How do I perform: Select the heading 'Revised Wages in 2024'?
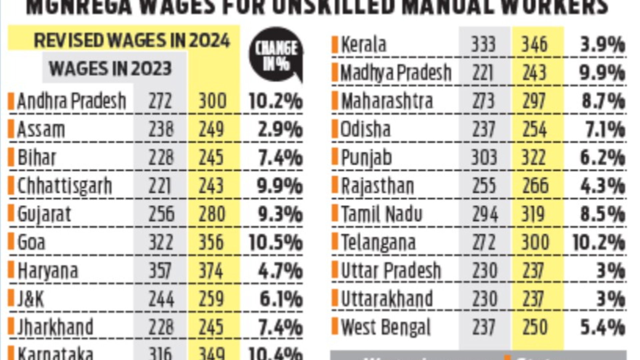[x=132, y=41]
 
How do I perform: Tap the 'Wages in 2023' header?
[x=110, y=69]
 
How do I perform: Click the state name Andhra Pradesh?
[x=72, y=101]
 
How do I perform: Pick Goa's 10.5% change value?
[x=275, y=242]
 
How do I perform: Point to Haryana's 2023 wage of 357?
[x=160, y=271]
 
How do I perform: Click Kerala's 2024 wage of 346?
[x=534, y=44]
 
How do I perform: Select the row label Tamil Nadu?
[x=382, y=214]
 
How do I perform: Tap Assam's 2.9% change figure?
[x=280, y=129]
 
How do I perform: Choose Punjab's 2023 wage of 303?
[x=484, y=157]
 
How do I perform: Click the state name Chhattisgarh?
[x=65, y=186]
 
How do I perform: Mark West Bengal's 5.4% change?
[x=602, y=327]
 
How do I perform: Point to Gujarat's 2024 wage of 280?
[x=212, y=214]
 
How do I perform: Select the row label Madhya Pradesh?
[x=396, y=73]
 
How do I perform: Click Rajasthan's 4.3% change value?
[x=602, y=186]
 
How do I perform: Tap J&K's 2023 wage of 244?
[x=161, y=299]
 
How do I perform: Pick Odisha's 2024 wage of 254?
[x=534, y=129]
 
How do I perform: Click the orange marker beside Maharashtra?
[x=335, y=101]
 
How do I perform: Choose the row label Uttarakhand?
[x=387, y=299]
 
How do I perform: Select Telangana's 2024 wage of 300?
[x=535, y=242]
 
